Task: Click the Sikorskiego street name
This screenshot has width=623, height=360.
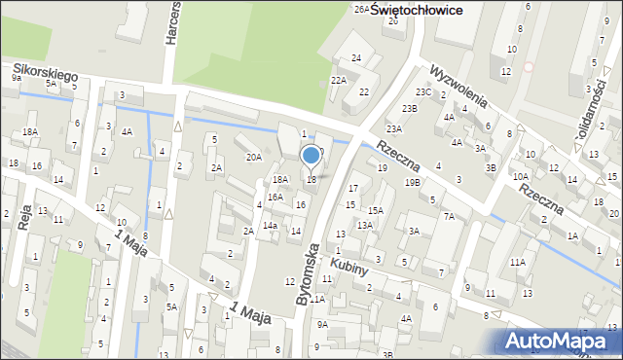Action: [46, 71]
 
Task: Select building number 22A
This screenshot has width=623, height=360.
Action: [339, 81]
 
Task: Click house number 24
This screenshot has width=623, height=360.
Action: [357, 58]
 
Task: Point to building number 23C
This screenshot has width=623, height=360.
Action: [422, 92]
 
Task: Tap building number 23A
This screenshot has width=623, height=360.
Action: [393, 128]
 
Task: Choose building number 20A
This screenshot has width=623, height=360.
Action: [253, 157]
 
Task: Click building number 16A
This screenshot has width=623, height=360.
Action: [275, 197]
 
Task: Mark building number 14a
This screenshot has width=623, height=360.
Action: [270, 226]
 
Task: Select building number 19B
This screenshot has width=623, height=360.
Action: [413, 182]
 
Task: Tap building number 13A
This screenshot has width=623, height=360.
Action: [364, 225]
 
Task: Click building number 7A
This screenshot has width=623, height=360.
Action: [449, 217]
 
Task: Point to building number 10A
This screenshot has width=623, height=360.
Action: [521, 176]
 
